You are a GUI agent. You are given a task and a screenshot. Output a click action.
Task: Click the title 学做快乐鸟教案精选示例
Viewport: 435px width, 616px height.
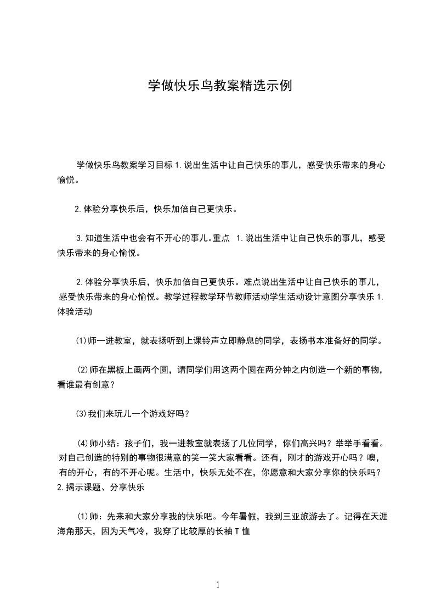tap(217, 86)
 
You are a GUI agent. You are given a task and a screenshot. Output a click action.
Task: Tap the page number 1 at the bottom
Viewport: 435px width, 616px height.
tap(218, 585)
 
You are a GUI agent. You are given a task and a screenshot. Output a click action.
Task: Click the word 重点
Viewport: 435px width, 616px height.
tap(221, 239)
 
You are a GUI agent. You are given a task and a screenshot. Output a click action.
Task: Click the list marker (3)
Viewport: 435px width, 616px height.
tap(81, 413)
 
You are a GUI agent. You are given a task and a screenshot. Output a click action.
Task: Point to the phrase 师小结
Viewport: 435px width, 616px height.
tap(105, 443)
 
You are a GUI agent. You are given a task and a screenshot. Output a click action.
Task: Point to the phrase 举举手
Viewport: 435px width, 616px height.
tap(338, 443)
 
